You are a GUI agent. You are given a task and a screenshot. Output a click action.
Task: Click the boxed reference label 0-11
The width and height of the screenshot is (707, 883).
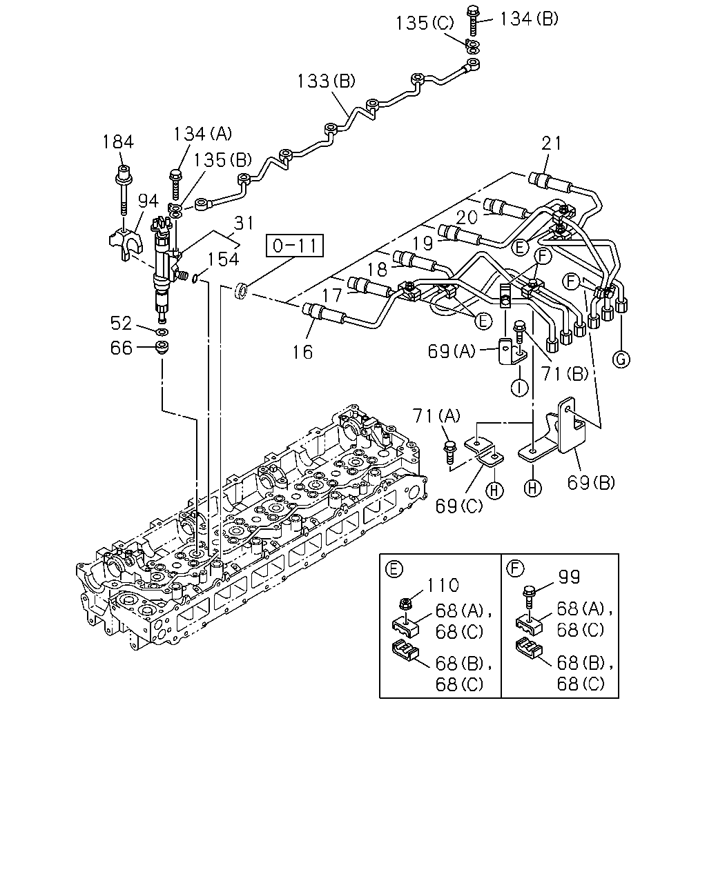pyautogui.click(x=295, y=246)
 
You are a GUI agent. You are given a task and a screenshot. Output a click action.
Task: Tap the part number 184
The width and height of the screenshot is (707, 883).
pyautogui.click(x=118, y=142)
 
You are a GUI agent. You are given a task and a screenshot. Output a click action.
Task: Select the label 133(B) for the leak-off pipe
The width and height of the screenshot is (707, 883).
pyautogui.click(x=326, y=81)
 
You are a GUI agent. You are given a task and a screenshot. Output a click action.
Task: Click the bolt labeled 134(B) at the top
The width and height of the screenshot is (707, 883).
pyautogui.click(x=473, y=20)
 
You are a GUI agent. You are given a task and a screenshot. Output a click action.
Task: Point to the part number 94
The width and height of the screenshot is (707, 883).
pyautogui.click(x=148, y=201)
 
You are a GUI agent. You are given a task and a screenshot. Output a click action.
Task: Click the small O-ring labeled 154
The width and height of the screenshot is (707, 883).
pyautogui.click(x=196, y=279)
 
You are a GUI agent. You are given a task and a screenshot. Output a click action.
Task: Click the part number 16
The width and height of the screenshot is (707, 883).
pyautogui.click(x=302, y=352)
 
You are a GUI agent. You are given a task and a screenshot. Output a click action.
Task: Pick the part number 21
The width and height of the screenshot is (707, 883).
pyautogui.click(x=551, y=143)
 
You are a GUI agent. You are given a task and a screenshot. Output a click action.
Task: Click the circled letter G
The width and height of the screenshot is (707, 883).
pyautogui.click(x=621, y=360)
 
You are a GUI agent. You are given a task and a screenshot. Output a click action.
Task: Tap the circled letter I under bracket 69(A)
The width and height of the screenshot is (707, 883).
pyautogui.click(x=519, y=387)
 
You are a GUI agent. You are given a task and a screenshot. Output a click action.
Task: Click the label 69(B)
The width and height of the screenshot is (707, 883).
pyautogui.click(x=591, y=482)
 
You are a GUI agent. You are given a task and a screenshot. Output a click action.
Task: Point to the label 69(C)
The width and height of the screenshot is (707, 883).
pyautogui.click(x=459, y=506)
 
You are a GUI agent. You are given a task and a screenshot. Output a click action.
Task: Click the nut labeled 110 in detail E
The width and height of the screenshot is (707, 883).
pyautogui.click(x=406, y=603)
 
